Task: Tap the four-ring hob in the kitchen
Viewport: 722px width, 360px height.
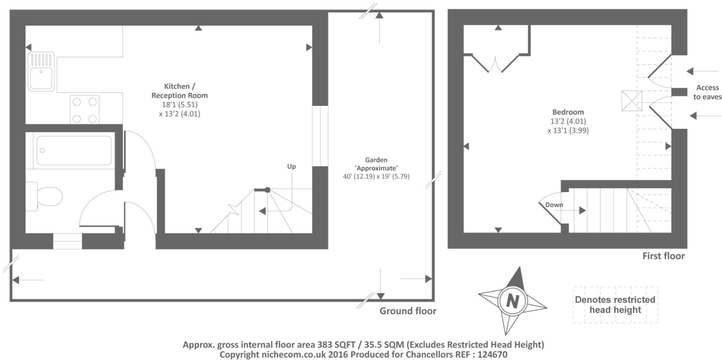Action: click(x=84, y=110)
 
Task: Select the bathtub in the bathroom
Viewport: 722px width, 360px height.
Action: click(x=74, y=150)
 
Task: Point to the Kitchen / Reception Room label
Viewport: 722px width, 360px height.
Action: click(x=179, y=91)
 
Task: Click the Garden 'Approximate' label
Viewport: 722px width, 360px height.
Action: click(x=376, y=164)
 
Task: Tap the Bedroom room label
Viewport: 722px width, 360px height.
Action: click(x=568, y=112)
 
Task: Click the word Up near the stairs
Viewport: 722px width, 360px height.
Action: click(x=291, y=166)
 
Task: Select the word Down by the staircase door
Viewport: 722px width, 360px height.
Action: click(x=554, y=205)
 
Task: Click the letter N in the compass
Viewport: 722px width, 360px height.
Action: click(x=513, y=301)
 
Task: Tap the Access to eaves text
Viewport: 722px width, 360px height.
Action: click(x=707, y=92)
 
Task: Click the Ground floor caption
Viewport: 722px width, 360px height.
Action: click(x=408, y=311)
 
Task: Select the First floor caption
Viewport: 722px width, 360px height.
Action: click(x=663, y=256)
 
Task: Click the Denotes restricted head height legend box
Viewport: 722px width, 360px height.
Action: click(x=615, y=305)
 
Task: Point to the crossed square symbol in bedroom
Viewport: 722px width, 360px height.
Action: click(x=631, y=101)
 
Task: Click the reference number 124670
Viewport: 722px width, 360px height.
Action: click(x=492, y=355)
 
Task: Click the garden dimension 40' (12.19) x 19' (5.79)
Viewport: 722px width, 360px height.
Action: click(x=376, y=177)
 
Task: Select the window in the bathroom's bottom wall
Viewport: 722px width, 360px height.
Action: click(x=68, y=241)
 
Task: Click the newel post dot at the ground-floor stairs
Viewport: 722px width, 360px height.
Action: click(x=268, y=190)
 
